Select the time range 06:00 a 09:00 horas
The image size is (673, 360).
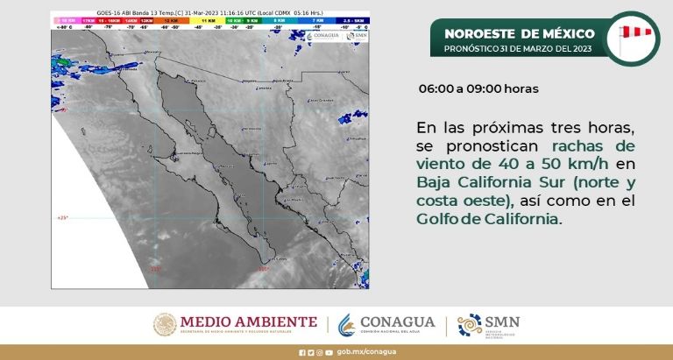click(x=478, y=89)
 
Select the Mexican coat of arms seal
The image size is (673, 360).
click(x=166, y=324)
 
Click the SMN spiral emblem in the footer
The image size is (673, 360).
click(x=470, y=324)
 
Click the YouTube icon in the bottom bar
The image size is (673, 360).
click(x=329, y=353)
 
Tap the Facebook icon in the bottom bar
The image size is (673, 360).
click(x=301, y=353)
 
